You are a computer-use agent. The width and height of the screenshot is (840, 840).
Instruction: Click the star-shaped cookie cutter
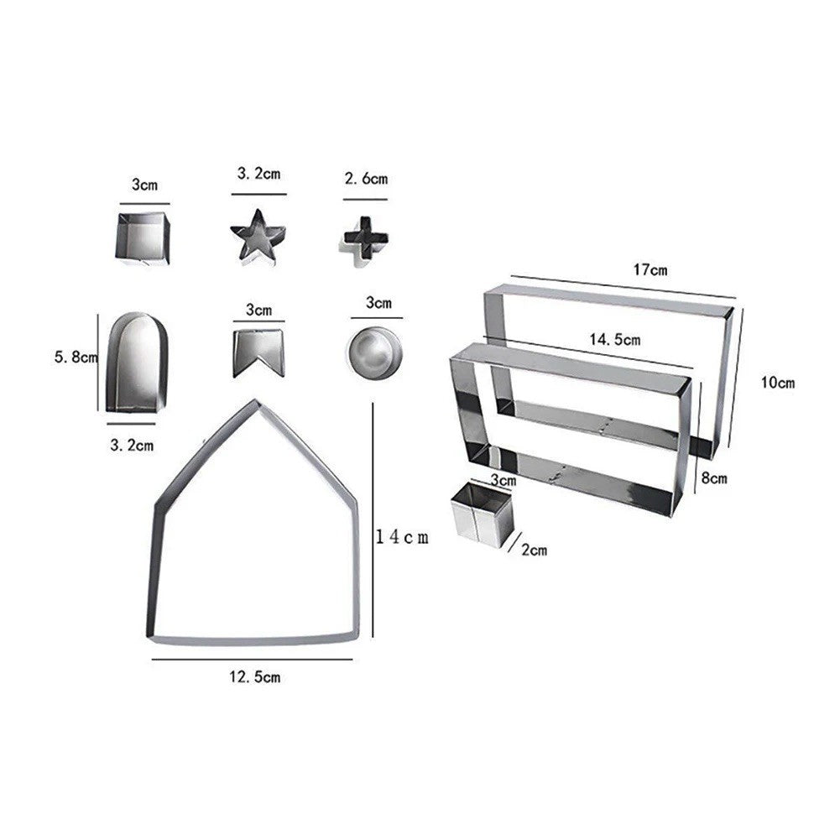click(x=258, y=238)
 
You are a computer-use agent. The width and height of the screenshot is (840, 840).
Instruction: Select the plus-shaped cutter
click(x=365, y=239)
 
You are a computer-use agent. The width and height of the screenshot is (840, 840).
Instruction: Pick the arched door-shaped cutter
click(x=136, y=363)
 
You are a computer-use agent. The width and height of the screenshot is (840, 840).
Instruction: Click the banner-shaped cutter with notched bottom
click(x=258, y=352)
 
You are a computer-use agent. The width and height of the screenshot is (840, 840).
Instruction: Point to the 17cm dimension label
click(x=650, y=269)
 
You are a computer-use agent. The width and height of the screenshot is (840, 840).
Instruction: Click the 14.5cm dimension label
click(x=615, y=339)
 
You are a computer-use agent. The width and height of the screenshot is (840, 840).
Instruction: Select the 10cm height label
click(x=778, y=383)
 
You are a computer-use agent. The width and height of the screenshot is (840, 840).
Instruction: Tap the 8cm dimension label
click(x=714, y=477)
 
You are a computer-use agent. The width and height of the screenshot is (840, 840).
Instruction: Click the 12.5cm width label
click(x=255, y=676)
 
